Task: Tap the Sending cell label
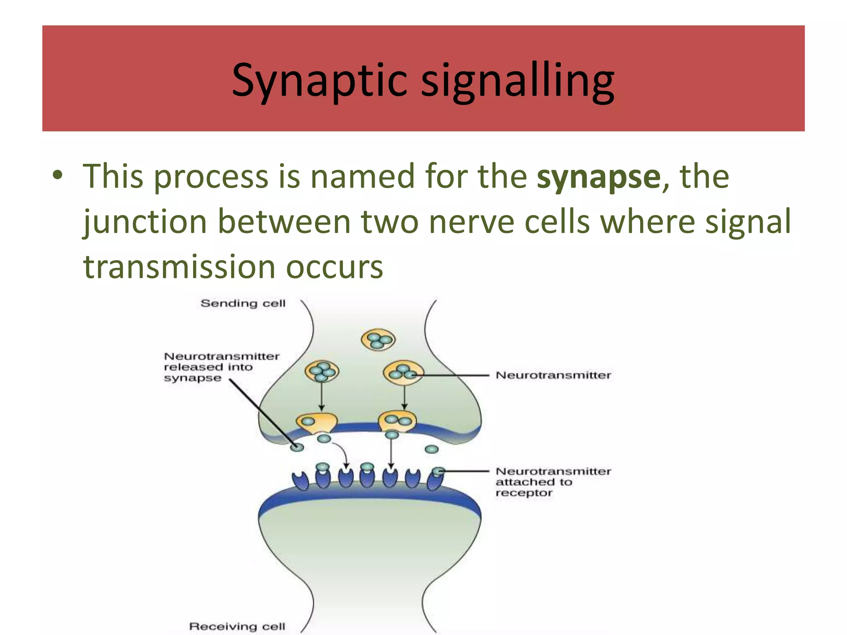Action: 243,303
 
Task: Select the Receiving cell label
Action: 237,626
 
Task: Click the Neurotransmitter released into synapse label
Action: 222,367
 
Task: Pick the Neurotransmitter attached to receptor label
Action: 553,482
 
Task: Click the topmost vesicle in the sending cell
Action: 378,340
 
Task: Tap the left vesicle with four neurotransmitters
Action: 322,372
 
